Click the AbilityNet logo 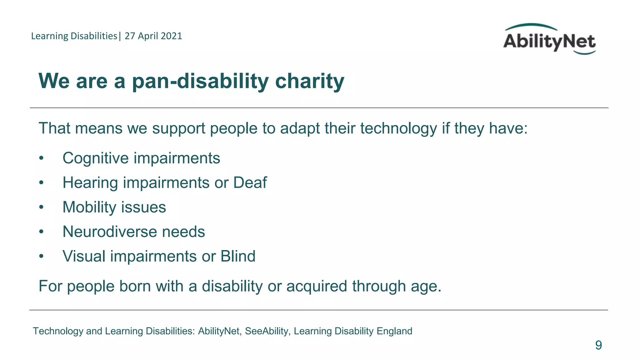(549, 40)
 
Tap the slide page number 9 (598, 345)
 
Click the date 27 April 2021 (153, 36)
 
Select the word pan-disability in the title (200, 81)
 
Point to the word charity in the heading (309, 81)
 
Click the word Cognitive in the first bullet (96, 158)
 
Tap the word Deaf (250, 182)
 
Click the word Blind (238, 256)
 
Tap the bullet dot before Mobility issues (41, 207)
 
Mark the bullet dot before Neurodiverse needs (41, 232)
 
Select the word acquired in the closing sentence (316, 286)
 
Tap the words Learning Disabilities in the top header (74, 36)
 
